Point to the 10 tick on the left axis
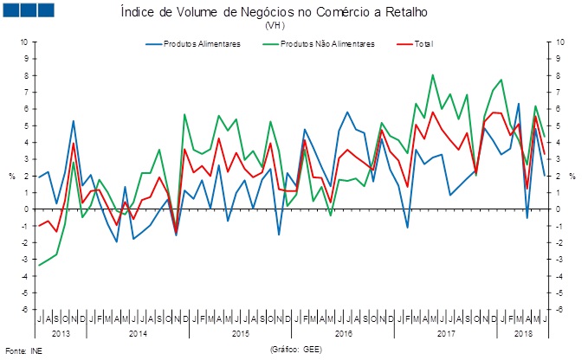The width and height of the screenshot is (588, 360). click(23, 42)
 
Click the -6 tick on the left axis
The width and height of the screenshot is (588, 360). click(23, 310)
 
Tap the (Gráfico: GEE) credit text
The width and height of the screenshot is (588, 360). click(299, 350)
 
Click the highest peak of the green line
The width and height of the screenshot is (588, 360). click(433, 75)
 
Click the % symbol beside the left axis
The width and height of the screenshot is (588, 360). click(12, 176)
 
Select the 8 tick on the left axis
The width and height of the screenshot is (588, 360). click(25, 75)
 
